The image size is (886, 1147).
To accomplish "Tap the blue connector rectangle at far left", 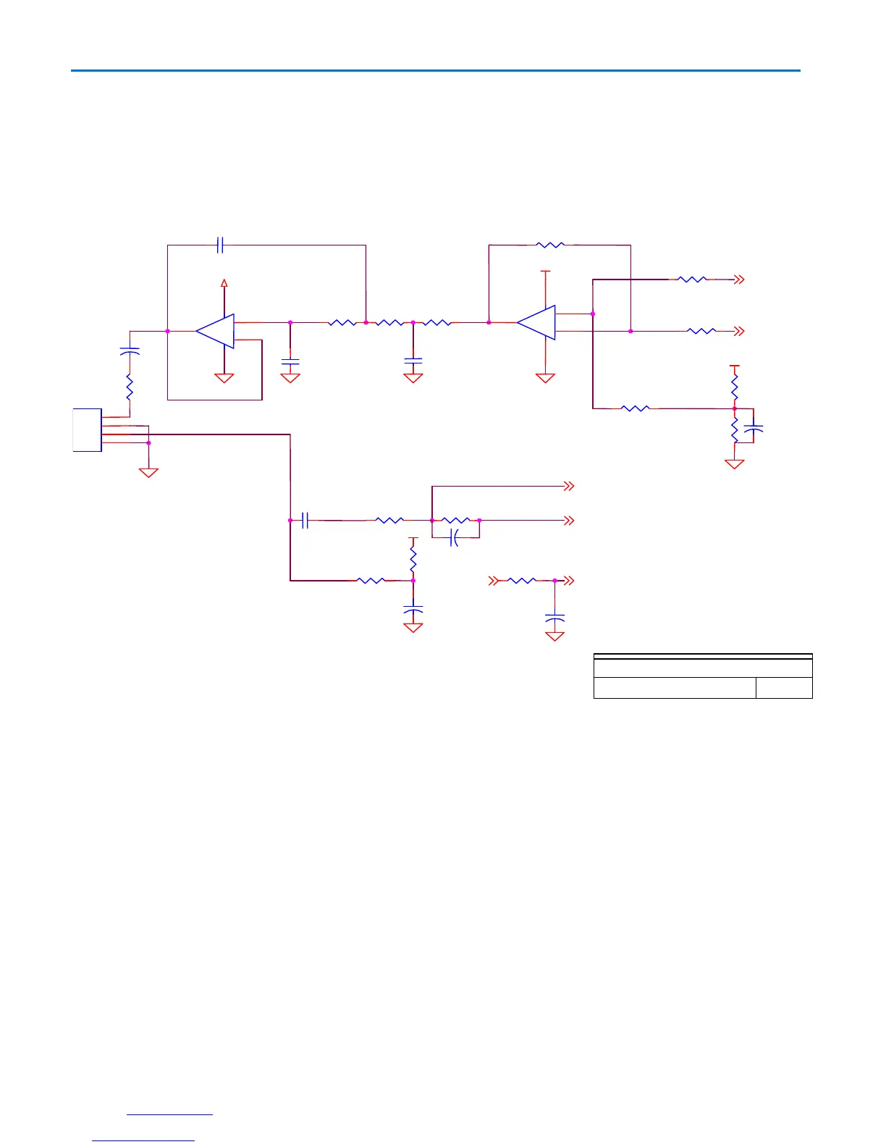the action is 87,430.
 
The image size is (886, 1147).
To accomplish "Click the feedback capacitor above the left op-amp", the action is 221,245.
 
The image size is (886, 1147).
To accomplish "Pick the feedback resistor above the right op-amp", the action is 550,245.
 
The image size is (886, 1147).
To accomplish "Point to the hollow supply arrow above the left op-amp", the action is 224,283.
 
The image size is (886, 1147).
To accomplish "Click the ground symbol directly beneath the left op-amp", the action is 224,378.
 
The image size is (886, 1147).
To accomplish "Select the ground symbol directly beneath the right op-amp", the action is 545,378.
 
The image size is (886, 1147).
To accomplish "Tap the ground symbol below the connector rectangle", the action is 148,473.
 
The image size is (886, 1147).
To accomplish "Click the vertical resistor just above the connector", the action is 130,387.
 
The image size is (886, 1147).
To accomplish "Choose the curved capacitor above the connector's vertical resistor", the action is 130,351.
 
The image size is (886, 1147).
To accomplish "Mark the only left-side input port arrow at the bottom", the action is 494,581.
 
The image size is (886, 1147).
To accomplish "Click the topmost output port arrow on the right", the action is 739,280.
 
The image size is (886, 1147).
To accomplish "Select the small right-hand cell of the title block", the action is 784,688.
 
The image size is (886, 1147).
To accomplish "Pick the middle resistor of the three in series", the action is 389,323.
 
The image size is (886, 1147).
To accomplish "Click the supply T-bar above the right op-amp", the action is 546,272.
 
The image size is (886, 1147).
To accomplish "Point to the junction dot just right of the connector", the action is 148,442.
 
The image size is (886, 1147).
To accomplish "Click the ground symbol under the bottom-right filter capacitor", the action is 554,636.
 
